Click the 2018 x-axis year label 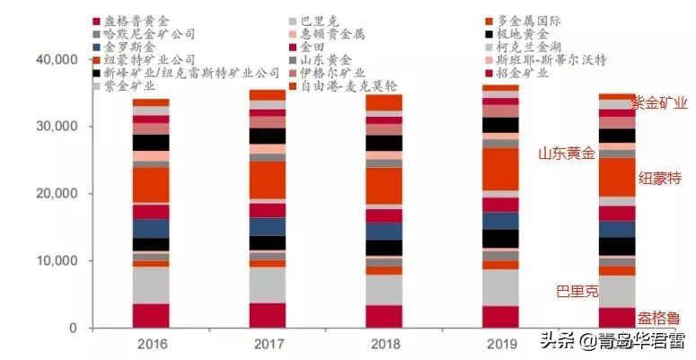[x=383, y=345]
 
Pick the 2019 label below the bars [x=499, y=345]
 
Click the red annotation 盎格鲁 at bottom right [x=659, y=319]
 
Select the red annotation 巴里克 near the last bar [x=577, y=291]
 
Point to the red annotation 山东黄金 [x=567, y=154]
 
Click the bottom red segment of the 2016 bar [x=151, y=315]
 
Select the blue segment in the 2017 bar [x=267, y=226]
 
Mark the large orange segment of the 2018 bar [x=383, y=186]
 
